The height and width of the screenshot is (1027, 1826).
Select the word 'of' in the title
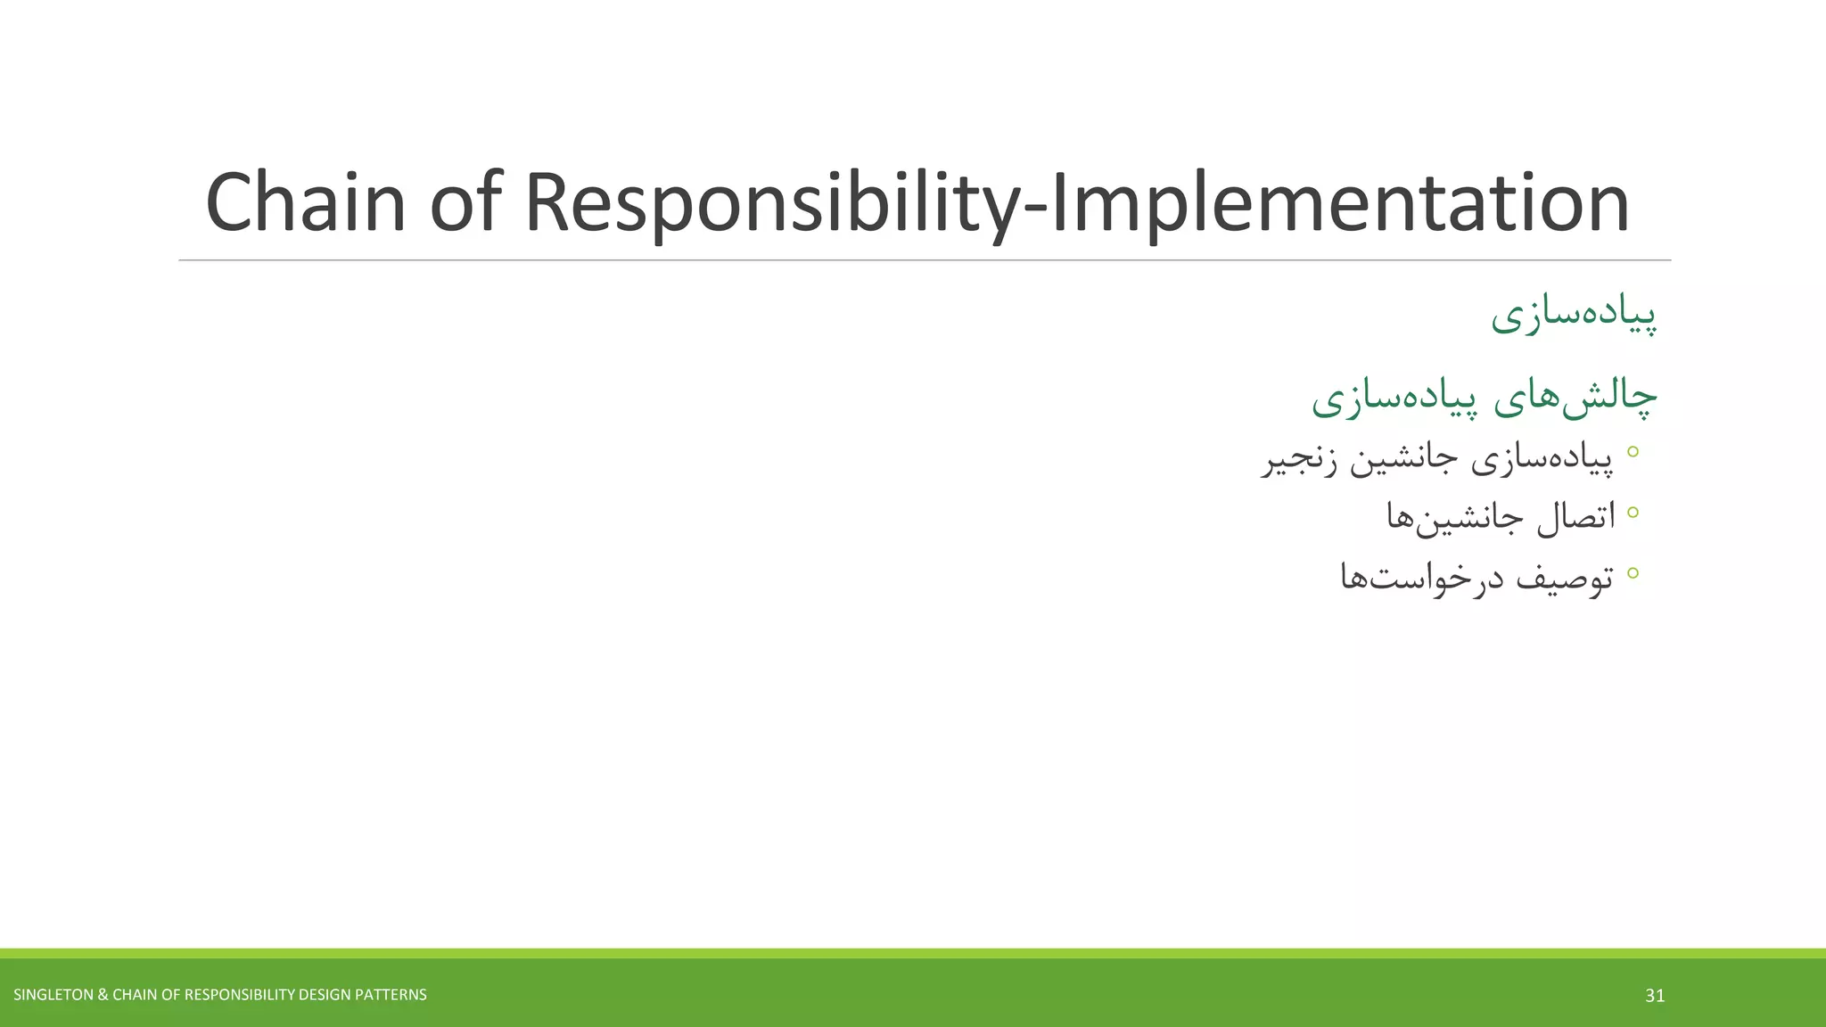466,203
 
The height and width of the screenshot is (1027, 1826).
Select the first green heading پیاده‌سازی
1574,315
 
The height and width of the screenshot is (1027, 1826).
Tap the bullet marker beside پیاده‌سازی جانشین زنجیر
1633,452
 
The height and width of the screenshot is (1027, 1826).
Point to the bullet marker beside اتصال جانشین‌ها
1633,512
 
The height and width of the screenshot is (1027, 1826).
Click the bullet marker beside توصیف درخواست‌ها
1633,572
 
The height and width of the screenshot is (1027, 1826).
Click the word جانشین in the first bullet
1403,460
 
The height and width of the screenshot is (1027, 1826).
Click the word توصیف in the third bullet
1565,578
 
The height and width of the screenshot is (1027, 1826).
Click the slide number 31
1655,996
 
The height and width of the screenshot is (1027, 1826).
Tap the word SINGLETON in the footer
53,995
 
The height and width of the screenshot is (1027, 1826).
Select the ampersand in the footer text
103,995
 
